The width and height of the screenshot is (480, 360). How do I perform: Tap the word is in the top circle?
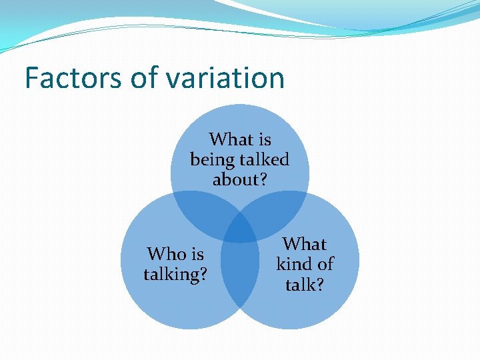(x=264, y=139)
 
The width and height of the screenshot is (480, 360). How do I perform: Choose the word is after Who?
(x=197, y=254)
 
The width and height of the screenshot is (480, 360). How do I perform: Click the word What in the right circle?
(x=305, y=244)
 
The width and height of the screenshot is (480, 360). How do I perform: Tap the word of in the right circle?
(x=325, y=264)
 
